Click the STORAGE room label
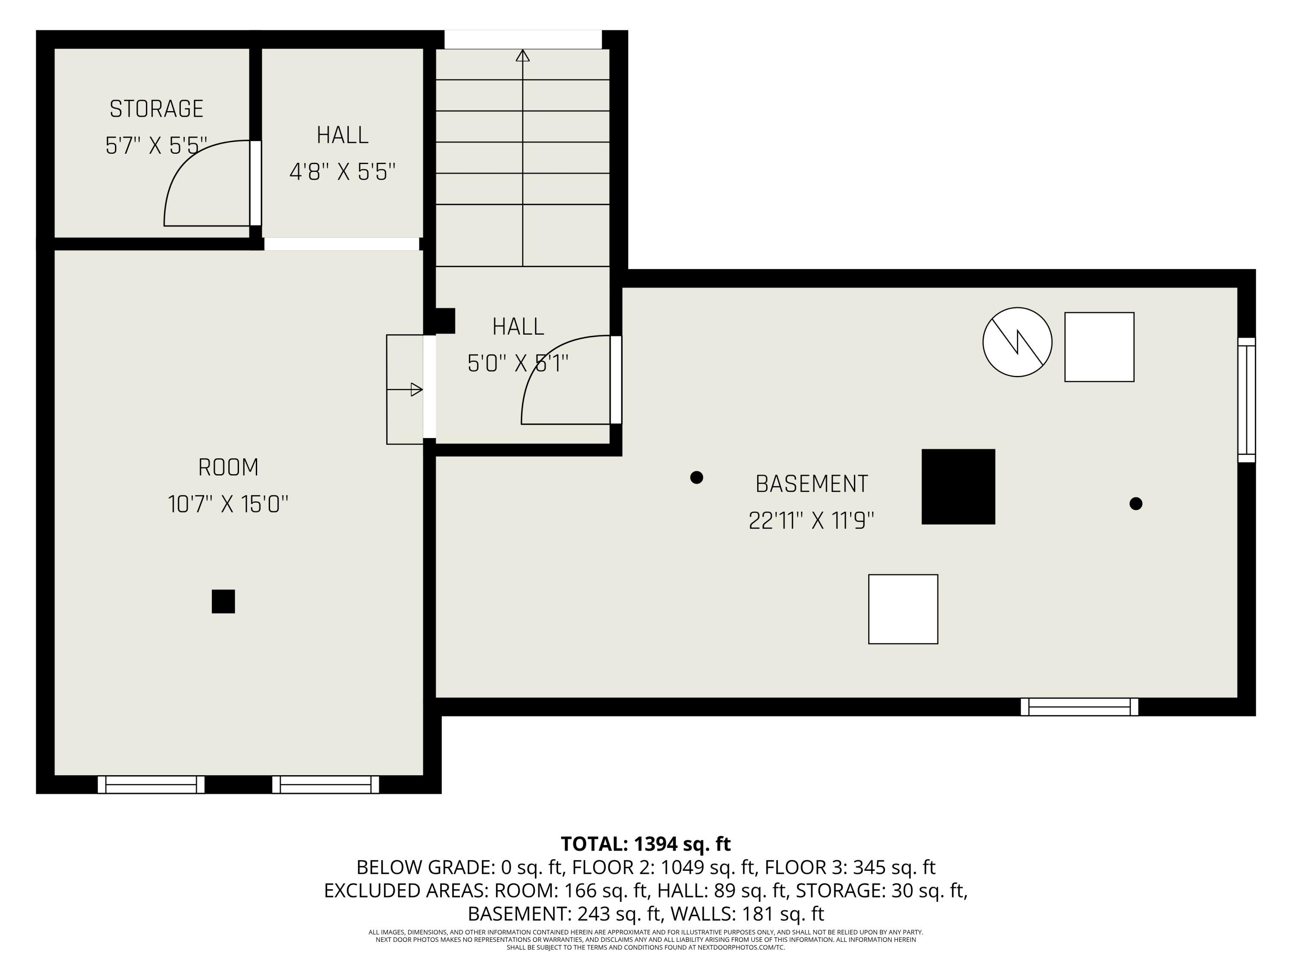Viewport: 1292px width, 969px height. (x=156, y=109)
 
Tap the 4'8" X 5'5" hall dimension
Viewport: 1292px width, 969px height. (x=342, y=172)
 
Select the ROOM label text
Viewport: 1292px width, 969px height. (x=228, y=467)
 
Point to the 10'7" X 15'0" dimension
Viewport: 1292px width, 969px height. (x=228, y=504)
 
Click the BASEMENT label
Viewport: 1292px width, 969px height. (x=811, y=484)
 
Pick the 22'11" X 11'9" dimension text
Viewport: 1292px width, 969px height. (x=811, y=520)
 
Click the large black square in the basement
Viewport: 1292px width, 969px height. (x=958, y=487)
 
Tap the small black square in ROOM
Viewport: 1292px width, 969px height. (x=223, y=601)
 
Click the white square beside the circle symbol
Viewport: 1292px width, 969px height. (x=1099, y=347)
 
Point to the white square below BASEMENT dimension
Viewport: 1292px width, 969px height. (x=903, y=609)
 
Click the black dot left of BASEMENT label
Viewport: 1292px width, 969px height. (x=696, y=477)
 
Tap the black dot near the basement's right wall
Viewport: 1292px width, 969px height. (x=1136, y=503)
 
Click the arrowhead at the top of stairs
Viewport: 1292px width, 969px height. (x=523, y=56)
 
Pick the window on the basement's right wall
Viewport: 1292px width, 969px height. (x=1246, y=400)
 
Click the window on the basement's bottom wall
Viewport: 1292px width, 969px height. (x=1079, y=707)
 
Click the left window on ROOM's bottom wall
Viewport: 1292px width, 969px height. (x=151, y=784)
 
